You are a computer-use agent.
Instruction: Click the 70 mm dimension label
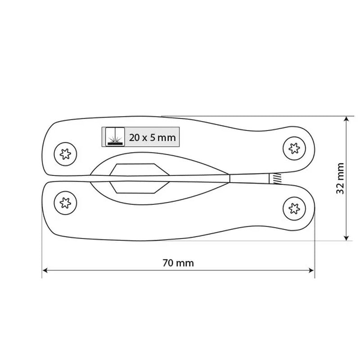pos(178,263)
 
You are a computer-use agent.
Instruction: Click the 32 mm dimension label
pos(340,178)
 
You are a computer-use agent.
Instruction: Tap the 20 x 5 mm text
pos(152,138)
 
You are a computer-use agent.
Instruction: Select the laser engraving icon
pos(115,137)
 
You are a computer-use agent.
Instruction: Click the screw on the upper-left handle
pos(65,154)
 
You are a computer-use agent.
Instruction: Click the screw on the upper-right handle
pos(294,148)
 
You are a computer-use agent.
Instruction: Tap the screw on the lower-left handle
pos(65,203)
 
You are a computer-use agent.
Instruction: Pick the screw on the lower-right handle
pos(294,208)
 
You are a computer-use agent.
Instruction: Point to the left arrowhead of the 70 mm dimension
pos(45,270)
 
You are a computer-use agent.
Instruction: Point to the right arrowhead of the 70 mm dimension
pos(311,270)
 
